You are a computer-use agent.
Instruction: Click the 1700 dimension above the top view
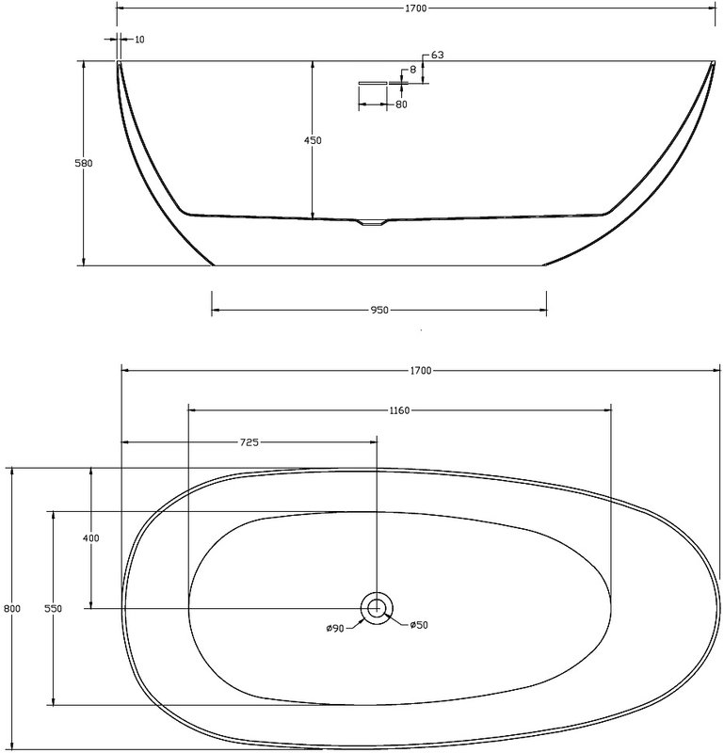tap(421, 371)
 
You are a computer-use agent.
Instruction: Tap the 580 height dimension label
tap(83, 163)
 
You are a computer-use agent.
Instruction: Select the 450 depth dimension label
tap(313, 140)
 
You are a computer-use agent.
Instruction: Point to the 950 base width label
tap(379, 311)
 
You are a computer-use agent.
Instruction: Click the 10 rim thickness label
tap(139, 40)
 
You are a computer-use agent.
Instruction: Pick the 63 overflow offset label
tap(437, 56)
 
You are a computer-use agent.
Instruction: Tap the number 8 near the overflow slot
tap(412, 70)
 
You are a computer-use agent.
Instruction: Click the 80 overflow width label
tap(401, 104)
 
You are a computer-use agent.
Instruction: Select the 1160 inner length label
tap(400, 410)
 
